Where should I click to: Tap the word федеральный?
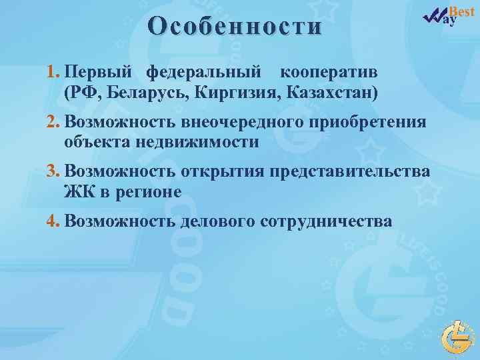pyautogui.click(x=204, y=72)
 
